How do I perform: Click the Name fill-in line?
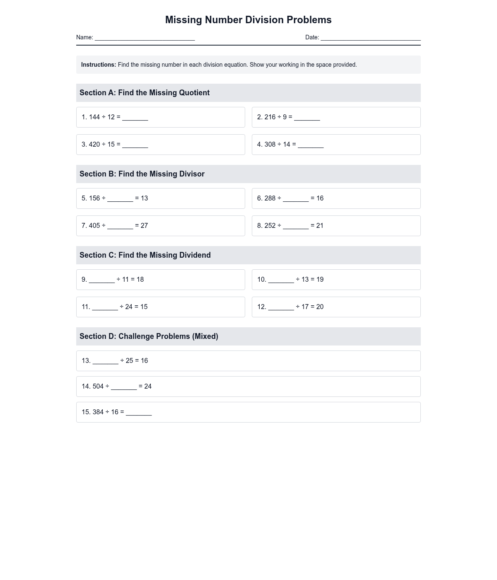coord(145,38)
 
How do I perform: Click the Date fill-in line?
coord(371,38)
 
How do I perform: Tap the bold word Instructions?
coord(99,65)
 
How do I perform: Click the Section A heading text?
coord(145,93)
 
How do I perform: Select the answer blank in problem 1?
coord(135,118)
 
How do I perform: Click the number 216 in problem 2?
coord(270,117)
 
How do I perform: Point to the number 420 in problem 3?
coord(94,145)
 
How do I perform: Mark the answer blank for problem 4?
coord(311,145)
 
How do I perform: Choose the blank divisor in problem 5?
coord(120,199)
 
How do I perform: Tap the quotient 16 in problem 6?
coord(320,198)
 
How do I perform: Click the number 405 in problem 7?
coord(94,226)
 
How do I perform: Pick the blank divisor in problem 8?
coord(296,226)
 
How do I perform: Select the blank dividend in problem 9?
coord(102,280)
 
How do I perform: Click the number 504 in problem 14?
coord(98,387)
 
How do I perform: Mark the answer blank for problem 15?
coord(139,413)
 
